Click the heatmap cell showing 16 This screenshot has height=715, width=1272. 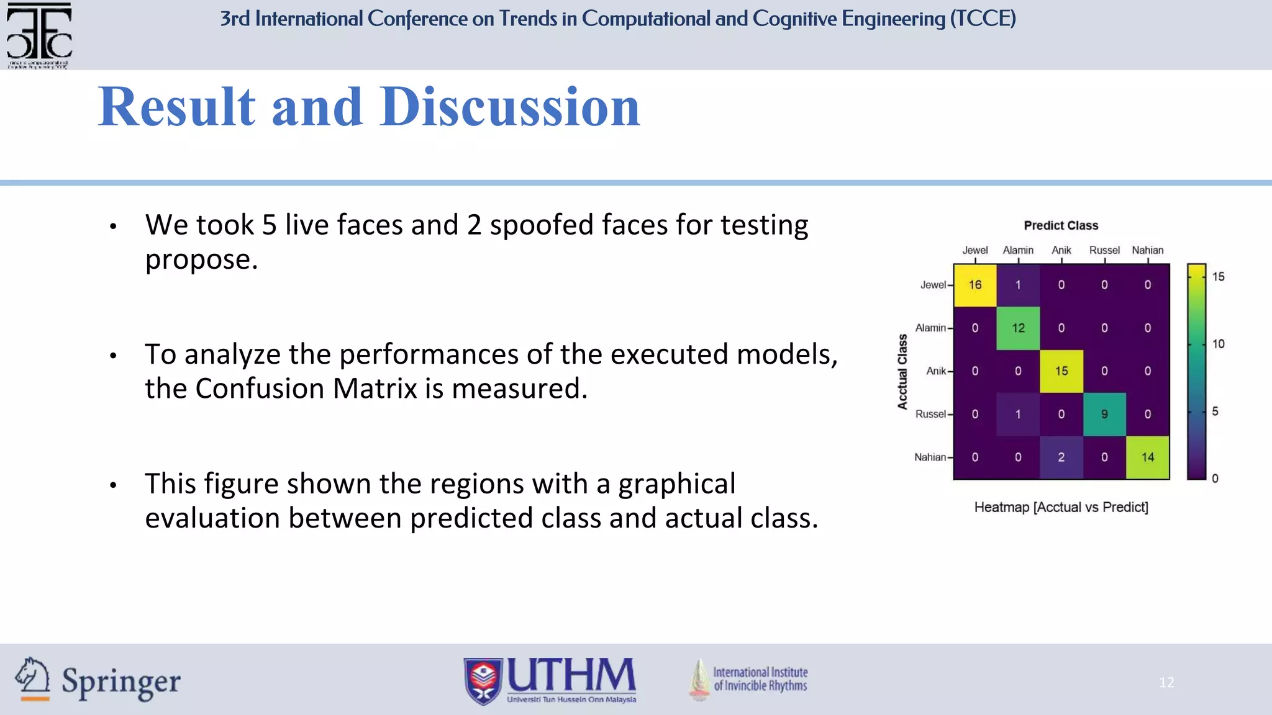[974, 285]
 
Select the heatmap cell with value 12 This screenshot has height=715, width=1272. [1018, 328]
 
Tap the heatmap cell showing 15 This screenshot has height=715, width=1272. [1061, 371]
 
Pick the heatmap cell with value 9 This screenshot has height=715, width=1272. [1104, 414]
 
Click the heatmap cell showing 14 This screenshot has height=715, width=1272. [1147, 457]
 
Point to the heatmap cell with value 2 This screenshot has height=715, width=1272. [1061, 457]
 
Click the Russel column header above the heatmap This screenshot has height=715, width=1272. [1104, 250]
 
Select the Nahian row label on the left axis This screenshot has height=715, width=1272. [930, 457]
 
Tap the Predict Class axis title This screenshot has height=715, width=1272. [1061, 225]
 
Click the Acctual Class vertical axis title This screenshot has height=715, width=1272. [902, 372]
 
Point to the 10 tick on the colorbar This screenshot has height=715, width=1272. [1218, 344]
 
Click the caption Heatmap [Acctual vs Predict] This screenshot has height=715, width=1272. [1061, 507]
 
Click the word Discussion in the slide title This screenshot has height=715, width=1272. [509, 107]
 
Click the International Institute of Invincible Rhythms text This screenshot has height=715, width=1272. [760, 679]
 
